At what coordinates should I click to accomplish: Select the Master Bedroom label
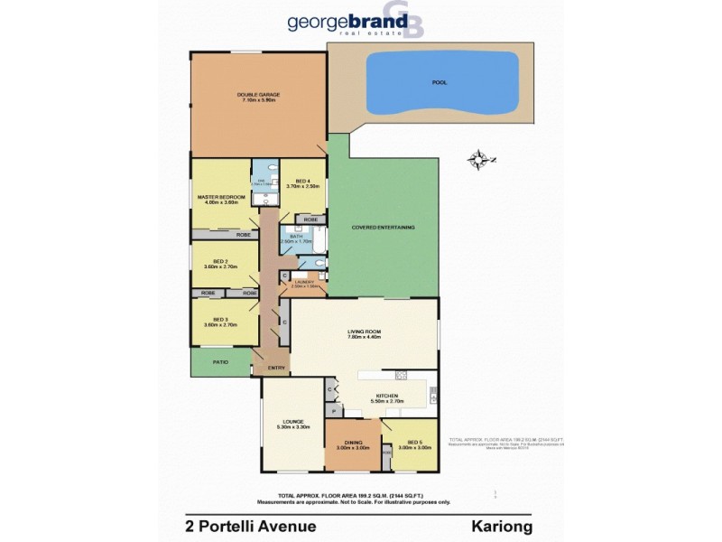pyautogui.click(x=220, y=198)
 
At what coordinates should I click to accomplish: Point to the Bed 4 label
pyautogui.click(x=303, y=183)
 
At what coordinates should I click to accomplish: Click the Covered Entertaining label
pyautogui.click(x=384, y=227)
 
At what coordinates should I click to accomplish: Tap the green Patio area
pyautogui.click(x=220, y=362)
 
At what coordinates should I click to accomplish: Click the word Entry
pyautogui.click(x=276, y=367)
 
